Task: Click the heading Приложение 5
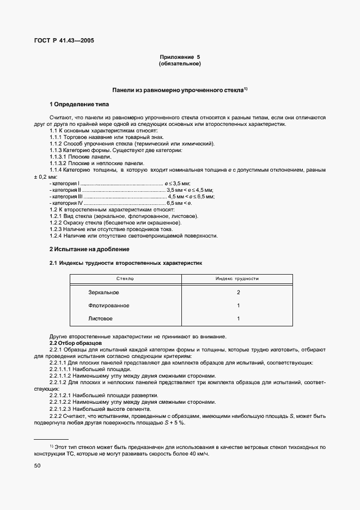tap(180, 57)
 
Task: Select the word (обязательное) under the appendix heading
tap(180, 64)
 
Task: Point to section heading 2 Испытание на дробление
tap(89, 249)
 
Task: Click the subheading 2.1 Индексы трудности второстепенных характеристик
tap(126, 263)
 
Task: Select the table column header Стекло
tap(125, 278)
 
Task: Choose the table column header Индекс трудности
tap(237, 278)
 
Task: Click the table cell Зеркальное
tap(103, 293)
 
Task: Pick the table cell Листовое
tap(100, 318)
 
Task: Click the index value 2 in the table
tap(238, 293)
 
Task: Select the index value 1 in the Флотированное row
tap(238, 306)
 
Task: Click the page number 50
tap(38, 466)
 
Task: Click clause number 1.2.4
tap(57, 236)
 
